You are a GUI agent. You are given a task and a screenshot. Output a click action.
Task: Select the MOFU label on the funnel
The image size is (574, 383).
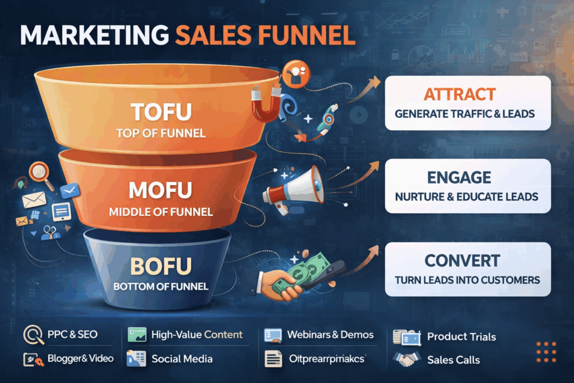tap(160, 191)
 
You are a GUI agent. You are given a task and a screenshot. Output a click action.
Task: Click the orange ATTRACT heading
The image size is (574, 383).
tap(467, 94)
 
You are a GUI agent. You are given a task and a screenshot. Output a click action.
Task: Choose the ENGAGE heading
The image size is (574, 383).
tap(467, 177)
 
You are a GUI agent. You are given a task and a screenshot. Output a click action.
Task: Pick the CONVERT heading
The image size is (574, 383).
tap(467, 260)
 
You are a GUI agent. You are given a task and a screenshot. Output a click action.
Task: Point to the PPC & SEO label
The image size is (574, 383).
tap(72, 335)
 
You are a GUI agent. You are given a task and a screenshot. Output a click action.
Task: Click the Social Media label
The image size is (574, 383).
tap(182, 359)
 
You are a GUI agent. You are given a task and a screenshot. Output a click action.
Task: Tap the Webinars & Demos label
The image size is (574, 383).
tap(330, 335)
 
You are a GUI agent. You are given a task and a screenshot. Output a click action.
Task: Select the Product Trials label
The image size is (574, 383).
tap(461, 337)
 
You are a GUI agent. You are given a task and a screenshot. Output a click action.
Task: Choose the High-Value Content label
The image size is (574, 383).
tap(197, 335)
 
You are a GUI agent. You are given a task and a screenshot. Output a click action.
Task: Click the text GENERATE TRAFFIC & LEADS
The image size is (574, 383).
tap(465, 114)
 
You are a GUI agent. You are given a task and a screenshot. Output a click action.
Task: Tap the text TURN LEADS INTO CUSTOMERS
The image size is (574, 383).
tap(467, 279)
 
